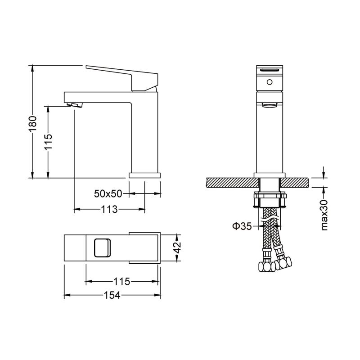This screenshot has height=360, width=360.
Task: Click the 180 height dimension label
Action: coord(32,123)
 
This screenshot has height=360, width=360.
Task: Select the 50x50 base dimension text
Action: coord(108,193)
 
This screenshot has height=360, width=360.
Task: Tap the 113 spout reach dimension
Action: coord(109,209)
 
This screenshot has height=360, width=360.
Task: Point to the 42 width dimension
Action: coord(177,247)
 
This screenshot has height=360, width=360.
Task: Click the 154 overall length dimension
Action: coord(112,295)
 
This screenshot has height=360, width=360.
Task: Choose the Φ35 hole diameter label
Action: coord(242,226)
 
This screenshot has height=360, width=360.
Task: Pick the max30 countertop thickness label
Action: coord(324,215)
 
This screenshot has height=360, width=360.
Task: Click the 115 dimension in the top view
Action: coord(121,281)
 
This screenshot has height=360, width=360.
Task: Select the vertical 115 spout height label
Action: coord(49,141)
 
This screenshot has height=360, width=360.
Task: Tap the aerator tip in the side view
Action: coord(75,105)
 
